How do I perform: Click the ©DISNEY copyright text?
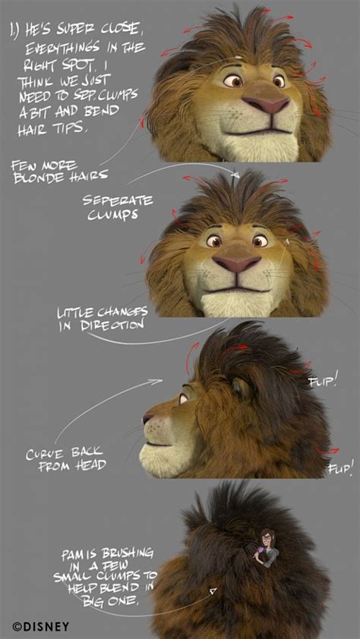pyautogui.click(x=40, y=626)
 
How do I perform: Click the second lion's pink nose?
pyautogui.click(x=237, y=263)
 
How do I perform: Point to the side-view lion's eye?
pyautogui.click(x=184, y=398)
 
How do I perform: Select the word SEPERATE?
pyautogui.click(x=118, y=200)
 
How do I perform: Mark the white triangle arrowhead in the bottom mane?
pyautogui.click(x=213, y=591)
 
